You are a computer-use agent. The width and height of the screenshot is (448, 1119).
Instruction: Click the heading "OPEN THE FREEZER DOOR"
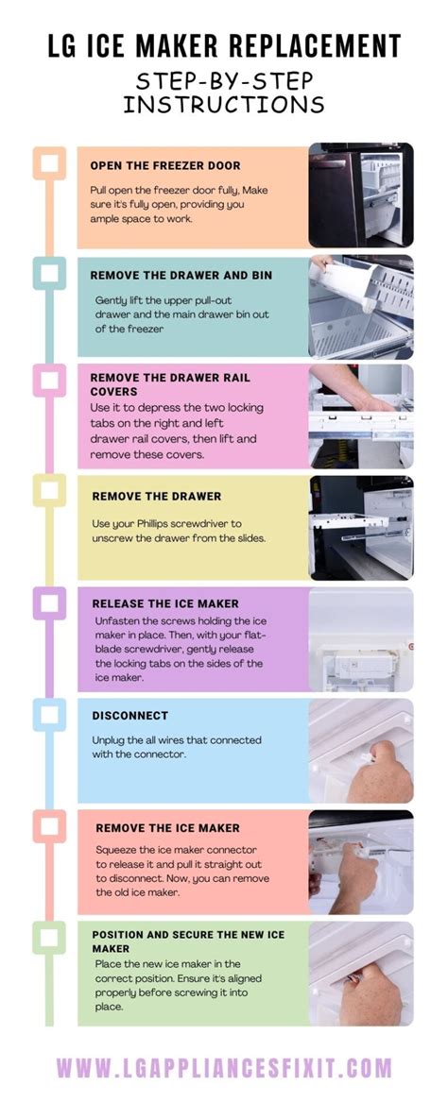pos(165,165)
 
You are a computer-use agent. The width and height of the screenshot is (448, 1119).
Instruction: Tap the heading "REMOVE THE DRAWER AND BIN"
pos(181,275)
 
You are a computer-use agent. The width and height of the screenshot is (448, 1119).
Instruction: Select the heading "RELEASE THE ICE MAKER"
pos(165,603)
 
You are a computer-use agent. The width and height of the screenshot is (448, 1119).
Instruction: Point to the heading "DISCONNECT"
pos(130,715)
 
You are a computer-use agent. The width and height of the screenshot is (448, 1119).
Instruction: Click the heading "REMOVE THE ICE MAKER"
pos(168,828)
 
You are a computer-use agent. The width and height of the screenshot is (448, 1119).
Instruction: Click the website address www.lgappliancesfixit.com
pos(224,1068)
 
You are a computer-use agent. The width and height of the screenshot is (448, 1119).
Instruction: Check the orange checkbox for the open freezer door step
pos(49,163)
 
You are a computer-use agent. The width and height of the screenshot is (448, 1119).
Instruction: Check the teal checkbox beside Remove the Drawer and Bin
pos(49,273)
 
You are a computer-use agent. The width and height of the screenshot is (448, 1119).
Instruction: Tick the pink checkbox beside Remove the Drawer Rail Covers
pos(49,381)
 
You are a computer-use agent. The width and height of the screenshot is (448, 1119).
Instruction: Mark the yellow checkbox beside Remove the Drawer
pos(49,490)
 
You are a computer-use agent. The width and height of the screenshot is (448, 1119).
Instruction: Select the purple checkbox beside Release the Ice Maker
pos(49,603)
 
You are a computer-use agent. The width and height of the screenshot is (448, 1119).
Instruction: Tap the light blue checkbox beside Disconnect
pos(49,714)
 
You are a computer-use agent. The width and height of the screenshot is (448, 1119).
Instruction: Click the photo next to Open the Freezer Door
pos(361,195)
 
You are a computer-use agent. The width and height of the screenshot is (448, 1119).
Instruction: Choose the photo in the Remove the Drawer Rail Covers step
pos(361,416)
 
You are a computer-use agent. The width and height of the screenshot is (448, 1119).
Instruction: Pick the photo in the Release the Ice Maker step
pos(361,639)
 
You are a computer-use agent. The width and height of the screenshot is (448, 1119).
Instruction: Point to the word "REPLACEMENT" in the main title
pos(312,45)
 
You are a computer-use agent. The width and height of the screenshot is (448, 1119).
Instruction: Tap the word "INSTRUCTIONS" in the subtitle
pos(224,104)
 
